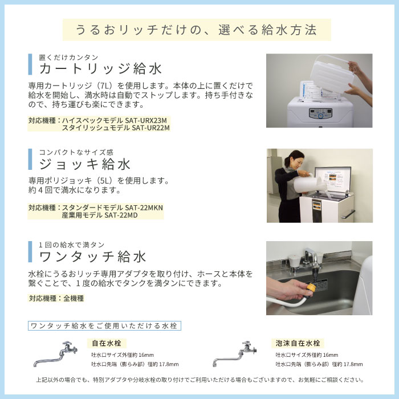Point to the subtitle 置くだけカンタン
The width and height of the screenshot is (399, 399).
pos(68,58)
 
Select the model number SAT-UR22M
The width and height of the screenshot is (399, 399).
pos(150,128)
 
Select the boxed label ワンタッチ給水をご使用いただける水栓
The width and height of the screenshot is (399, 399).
pos(104,326)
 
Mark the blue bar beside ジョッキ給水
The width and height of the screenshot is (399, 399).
pos(30,160)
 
